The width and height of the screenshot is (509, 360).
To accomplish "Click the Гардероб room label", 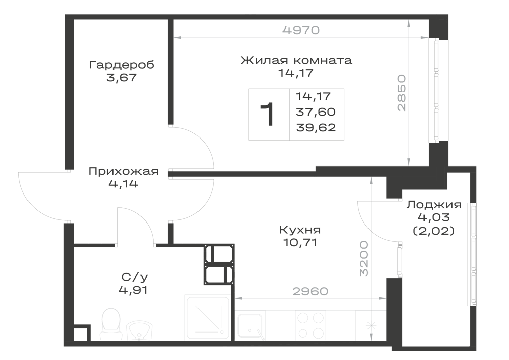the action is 122,65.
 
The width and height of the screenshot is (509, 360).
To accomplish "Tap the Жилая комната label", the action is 296,60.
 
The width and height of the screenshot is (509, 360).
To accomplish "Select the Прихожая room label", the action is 123,171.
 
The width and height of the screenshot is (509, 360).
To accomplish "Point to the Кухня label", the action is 300,230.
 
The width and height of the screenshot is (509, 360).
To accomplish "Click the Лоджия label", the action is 434,205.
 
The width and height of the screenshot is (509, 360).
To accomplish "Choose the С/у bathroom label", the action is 134,277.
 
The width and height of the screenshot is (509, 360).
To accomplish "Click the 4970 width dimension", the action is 301,30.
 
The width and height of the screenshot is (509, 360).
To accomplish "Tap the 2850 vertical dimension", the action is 402,93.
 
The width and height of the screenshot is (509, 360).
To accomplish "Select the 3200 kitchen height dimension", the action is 364,258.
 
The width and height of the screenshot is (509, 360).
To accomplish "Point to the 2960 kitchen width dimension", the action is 310,291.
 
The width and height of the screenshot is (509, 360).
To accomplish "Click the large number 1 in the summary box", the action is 268,114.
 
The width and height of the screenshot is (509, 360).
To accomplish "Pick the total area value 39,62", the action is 316,128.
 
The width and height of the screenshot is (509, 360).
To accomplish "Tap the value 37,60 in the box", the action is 316,112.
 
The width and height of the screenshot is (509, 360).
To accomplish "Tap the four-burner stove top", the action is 310,325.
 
